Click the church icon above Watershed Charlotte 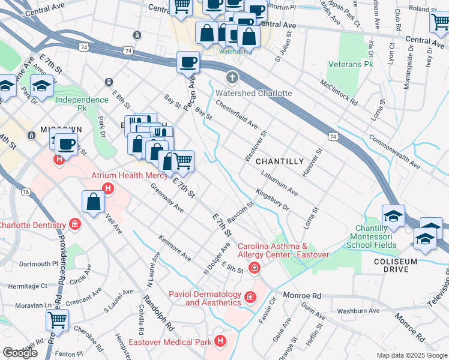[x=232, y=78]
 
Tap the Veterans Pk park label [x=351, y=64]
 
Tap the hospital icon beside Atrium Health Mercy [x=108, y=189]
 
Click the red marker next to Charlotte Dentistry [x=74, y=225]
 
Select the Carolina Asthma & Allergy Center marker [x=255, y=268]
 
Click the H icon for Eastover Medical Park [x=220, y=342]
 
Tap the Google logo [x=20, y=353]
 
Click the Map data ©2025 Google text [x=412, y=355]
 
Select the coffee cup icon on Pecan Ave [x=188, y=62]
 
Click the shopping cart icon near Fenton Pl [x=58, y=320]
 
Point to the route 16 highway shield [x=25, y=191]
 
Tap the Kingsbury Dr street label [x=273, y=199]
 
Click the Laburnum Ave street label [x=279, y=182]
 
